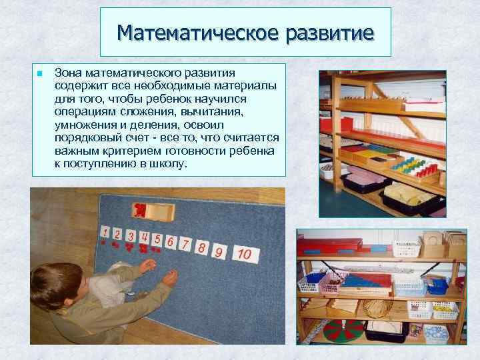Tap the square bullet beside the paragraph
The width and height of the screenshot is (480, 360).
(x=40, y=72)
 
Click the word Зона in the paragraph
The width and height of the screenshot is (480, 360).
(x=67, y=71)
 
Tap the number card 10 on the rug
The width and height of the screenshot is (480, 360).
(x=244, y=254)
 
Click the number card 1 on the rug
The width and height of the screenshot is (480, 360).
(x=105, y=232)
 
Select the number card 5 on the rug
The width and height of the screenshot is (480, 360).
(x=157, y=239)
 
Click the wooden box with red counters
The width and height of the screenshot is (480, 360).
(x=153, y=212)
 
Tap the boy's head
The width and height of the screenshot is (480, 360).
(x=54, y=284)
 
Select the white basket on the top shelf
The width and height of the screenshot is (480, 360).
(x=406, y=248)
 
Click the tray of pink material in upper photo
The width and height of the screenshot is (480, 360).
(x=363, y=178)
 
